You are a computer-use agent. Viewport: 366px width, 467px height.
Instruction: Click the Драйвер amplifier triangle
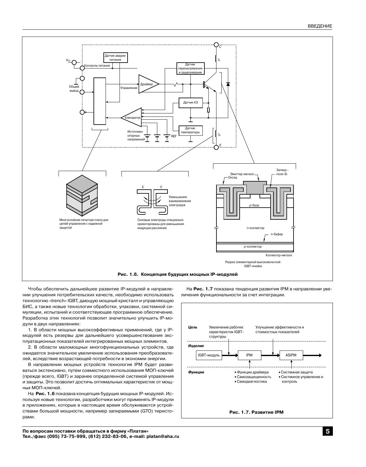click(147, 84)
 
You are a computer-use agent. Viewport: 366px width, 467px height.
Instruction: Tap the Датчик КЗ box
click(190, 102)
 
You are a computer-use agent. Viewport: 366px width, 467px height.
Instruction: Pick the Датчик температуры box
click(190, 130)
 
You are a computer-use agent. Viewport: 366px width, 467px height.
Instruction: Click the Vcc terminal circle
click(74, 62)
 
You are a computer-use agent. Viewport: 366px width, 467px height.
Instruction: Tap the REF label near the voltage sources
click(174, 136)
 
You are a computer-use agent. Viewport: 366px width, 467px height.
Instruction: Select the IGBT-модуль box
click(209, 355)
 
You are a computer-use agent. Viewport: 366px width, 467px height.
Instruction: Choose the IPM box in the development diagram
click(249, 355)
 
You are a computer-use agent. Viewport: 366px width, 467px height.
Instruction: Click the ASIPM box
click(291, 355)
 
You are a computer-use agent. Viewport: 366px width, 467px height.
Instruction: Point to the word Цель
click(193, 327)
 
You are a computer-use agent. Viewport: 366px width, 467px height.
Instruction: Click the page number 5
click(328, 431)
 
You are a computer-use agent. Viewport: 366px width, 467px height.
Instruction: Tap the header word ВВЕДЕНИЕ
click(320, 26)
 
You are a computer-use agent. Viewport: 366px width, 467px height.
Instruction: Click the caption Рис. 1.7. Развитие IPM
click(256, 412)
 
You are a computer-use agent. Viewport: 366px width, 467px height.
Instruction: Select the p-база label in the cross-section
click(254, 205)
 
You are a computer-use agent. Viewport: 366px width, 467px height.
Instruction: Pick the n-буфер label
click(277, 234)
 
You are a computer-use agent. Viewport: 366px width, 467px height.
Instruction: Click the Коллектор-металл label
click(279, 255)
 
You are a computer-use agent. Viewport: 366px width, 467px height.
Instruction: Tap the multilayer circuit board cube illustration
click(82, 195)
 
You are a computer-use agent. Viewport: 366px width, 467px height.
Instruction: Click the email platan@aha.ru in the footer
click(163, 436)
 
